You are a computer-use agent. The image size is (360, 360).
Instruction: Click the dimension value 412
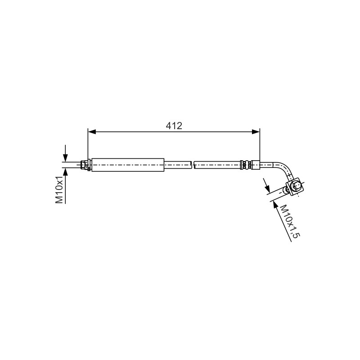point(174,126)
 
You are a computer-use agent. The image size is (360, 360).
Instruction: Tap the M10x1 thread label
point(59,190)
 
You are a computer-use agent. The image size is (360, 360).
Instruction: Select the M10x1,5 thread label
point(290,221)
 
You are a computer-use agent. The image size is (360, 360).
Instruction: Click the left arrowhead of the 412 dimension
point(92,132)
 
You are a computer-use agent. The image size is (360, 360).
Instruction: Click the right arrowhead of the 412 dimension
point(256,132)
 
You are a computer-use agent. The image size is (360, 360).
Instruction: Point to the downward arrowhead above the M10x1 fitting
point(65,158)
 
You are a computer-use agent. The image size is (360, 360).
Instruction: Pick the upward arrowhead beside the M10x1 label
point(65,171)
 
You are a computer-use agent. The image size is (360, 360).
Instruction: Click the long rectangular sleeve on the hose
point(128,165)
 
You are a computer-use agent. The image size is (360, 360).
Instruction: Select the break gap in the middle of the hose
point(193,165)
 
